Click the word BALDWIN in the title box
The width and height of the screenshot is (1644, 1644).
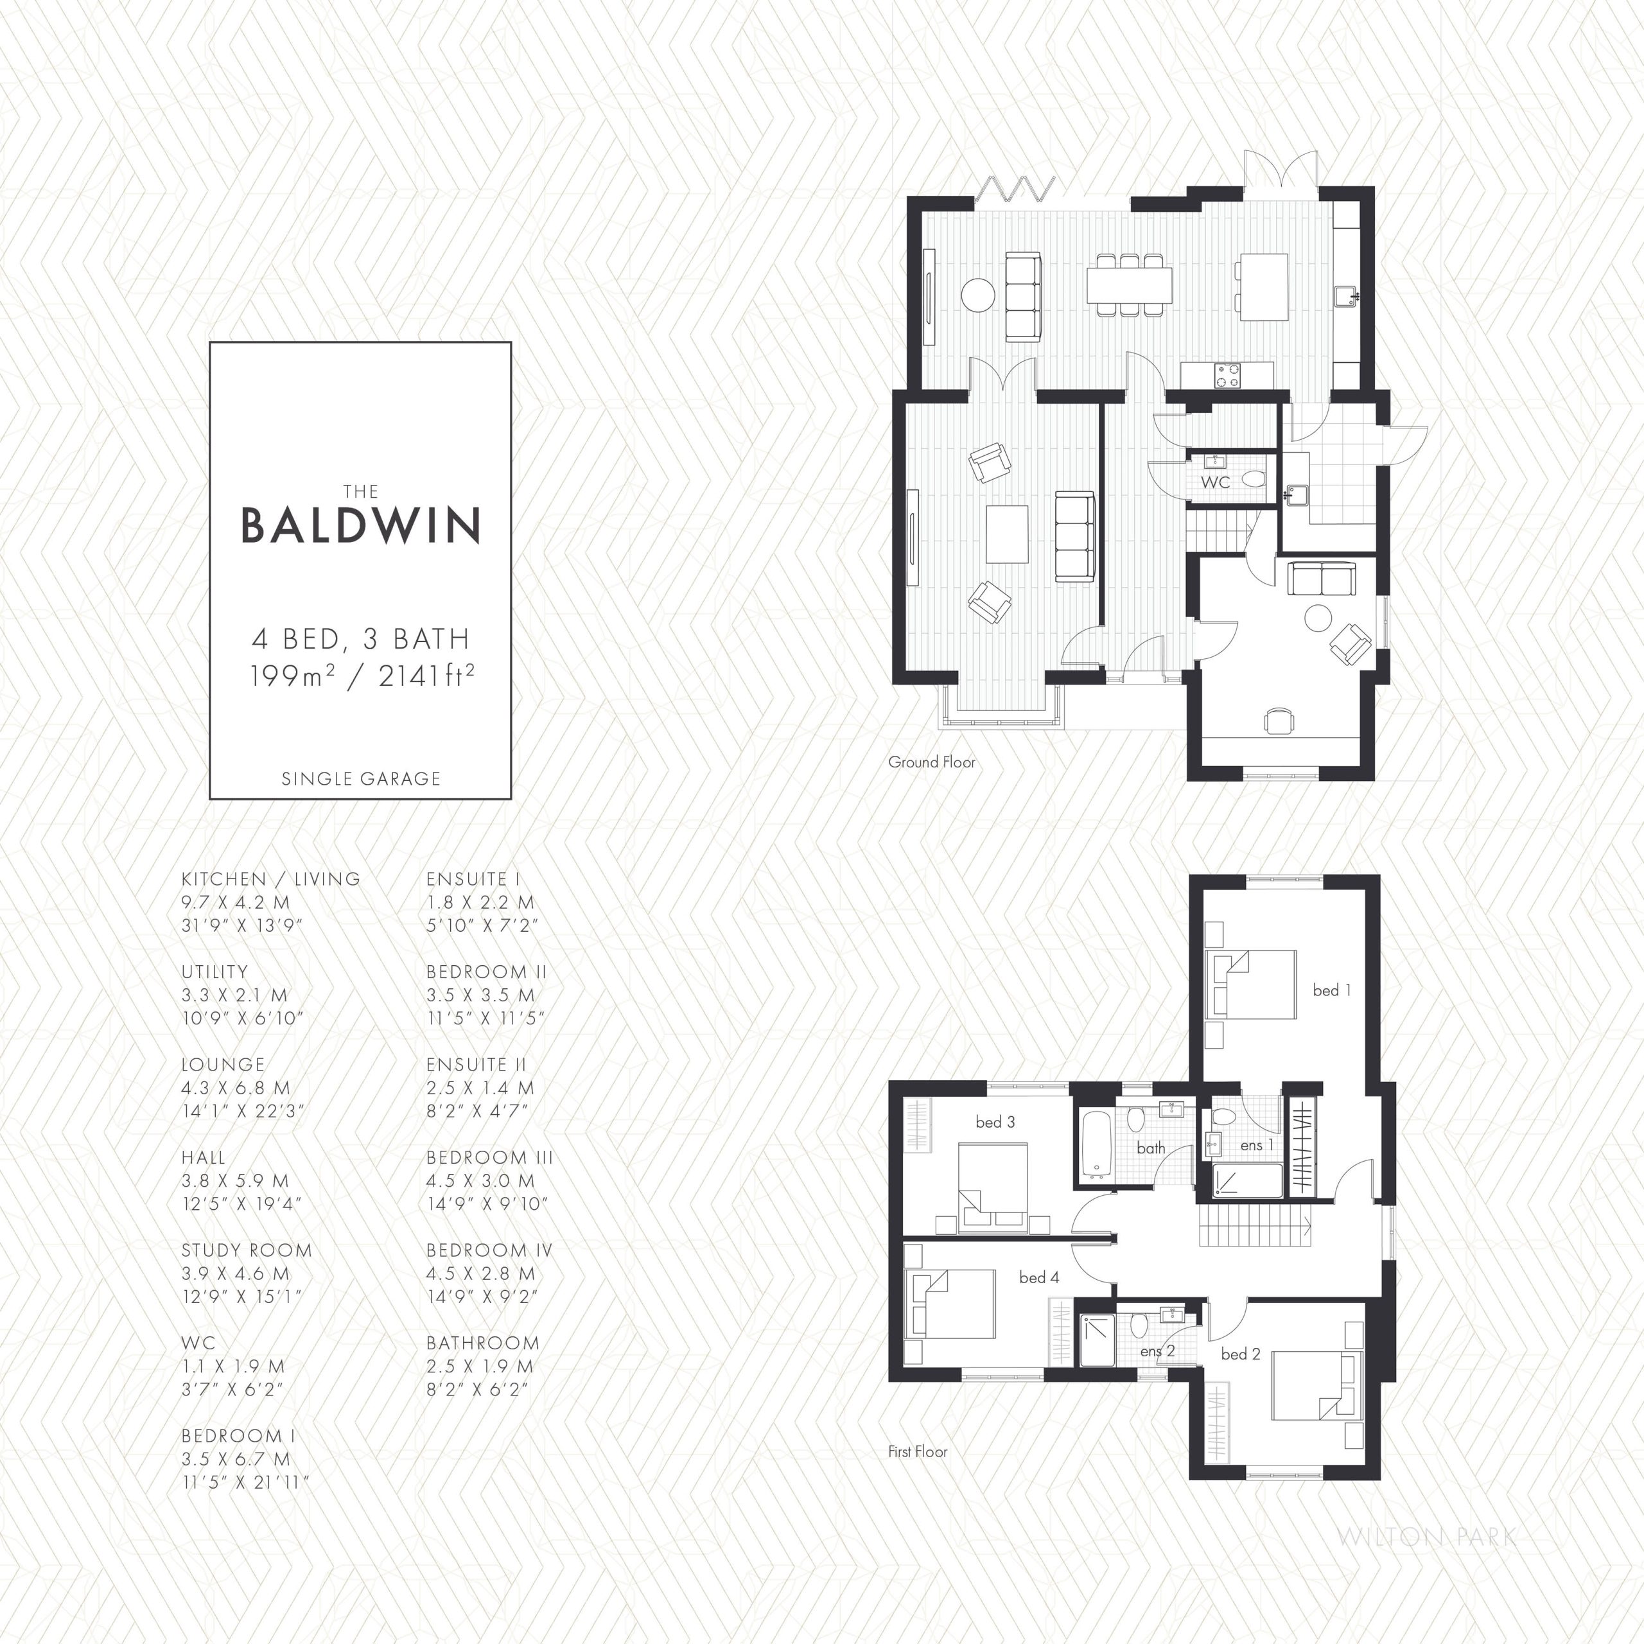tap(361, 526)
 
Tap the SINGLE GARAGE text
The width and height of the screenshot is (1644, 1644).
tap(361, 778)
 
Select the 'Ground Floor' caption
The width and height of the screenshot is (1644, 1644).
tap(932, 762)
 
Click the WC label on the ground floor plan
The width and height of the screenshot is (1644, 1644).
tap(1215, 482)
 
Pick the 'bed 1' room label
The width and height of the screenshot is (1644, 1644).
tap(1332, 990)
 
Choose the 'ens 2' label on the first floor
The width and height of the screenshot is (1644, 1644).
tap(1157, 1351)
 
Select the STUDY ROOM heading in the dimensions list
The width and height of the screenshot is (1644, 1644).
tap(247, 1251)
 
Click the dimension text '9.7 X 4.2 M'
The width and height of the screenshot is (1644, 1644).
tap(236, 902)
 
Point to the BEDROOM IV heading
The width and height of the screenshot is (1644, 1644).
tap(489, 1251)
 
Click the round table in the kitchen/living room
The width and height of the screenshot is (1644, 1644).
tap(977, 295)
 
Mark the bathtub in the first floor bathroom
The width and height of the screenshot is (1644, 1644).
tap(1097, 1146)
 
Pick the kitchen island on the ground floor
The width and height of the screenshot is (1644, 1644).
tap(1264, 287)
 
